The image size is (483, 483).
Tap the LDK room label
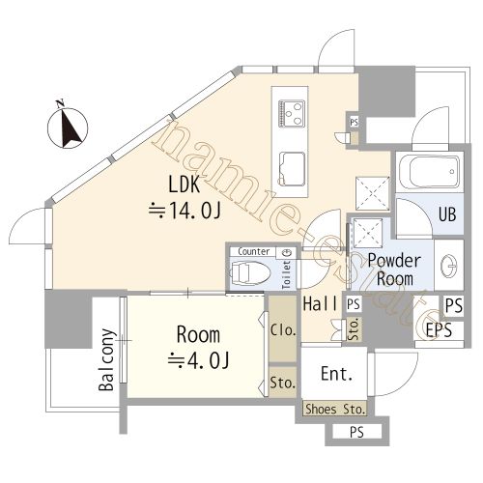click(x=185, y=185)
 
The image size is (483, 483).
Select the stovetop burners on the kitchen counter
click(x=292, y=114)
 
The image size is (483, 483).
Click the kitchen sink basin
click(x=292, y=169)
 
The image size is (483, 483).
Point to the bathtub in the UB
click(x=429, y=171)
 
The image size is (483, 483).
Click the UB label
click(x=447, y=213)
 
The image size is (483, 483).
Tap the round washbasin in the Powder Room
click(x=449, y=266)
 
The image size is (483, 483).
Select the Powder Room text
click(x=394, y=270)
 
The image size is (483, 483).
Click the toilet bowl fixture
click(x=250, y=273)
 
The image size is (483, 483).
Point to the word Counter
click(x=254, y=251)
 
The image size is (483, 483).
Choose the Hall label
click(x=321, y=303)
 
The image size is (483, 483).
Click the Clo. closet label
click(x=283, y=330)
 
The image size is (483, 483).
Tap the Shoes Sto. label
click(x=335, y=410)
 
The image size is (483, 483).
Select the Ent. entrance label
click(x=336, y=374)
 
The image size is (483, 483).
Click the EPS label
click(x=439, y=329)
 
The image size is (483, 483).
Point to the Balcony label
click(x=107, y=359)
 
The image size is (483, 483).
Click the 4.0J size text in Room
click(x=198, y=360)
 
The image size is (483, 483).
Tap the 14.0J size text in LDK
click(x=185, y=211)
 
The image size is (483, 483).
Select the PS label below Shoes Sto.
click(x=356, y=432)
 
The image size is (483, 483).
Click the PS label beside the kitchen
click(x=354, y=123)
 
